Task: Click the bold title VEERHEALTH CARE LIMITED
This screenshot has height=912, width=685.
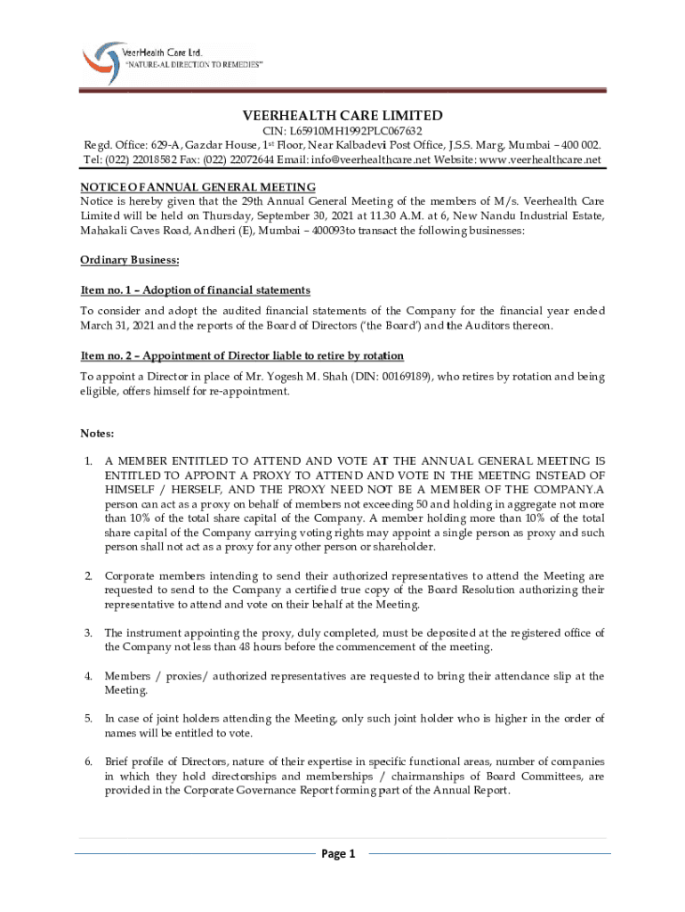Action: click(342, 116)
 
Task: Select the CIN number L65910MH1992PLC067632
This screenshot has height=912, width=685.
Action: click(342, 131)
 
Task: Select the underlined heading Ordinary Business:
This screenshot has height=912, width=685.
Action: click(130, 260)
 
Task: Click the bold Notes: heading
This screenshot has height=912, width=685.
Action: click(97, 434)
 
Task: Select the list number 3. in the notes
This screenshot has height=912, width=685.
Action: click(88, 633)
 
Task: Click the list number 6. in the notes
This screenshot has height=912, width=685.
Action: click(88, 762)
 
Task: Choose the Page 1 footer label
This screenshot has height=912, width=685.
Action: click(338, 854)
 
